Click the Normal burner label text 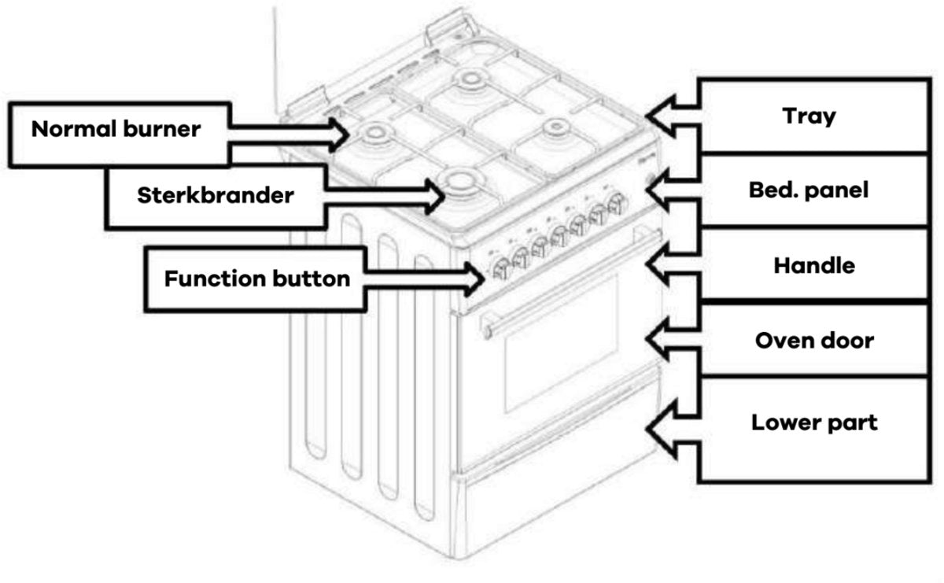(116, 130)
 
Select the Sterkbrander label (215, 195)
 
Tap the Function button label (256, 279)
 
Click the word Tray (809, 116)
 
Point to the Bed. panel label (809, 190)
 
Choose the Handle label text (814, 265)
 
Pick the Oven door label (814, 341)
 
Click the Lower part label (814, 422)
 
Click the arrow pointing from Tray (669, 116)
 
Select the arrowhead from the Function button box (473, 276)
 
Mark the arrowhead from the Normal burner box (338, 133)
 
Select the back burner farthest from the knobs (470, 79)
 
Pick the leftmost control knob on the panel (498, 270)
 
